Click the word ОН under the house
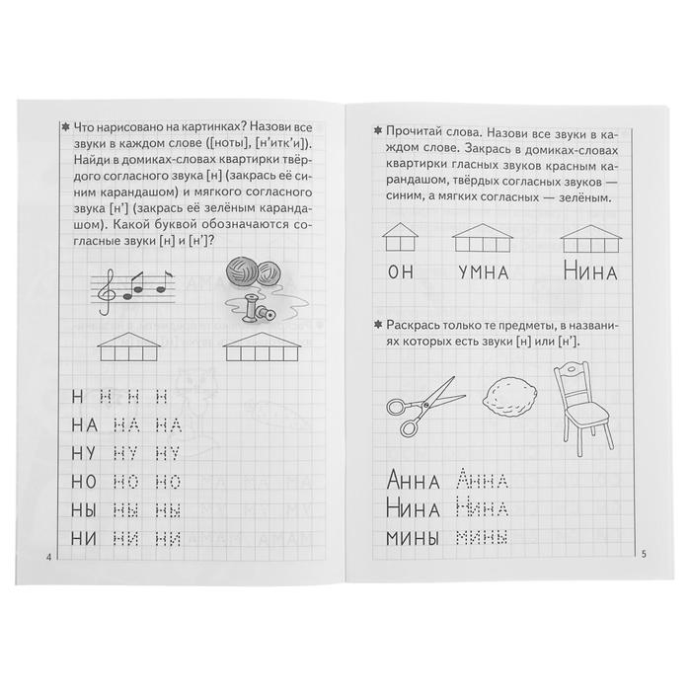[397, 272]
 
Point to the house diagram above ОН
[398, 235]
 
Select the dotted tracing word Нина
[483, 511]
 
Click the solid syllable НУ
[86, 453]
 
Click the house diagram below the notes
[126, 345]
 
